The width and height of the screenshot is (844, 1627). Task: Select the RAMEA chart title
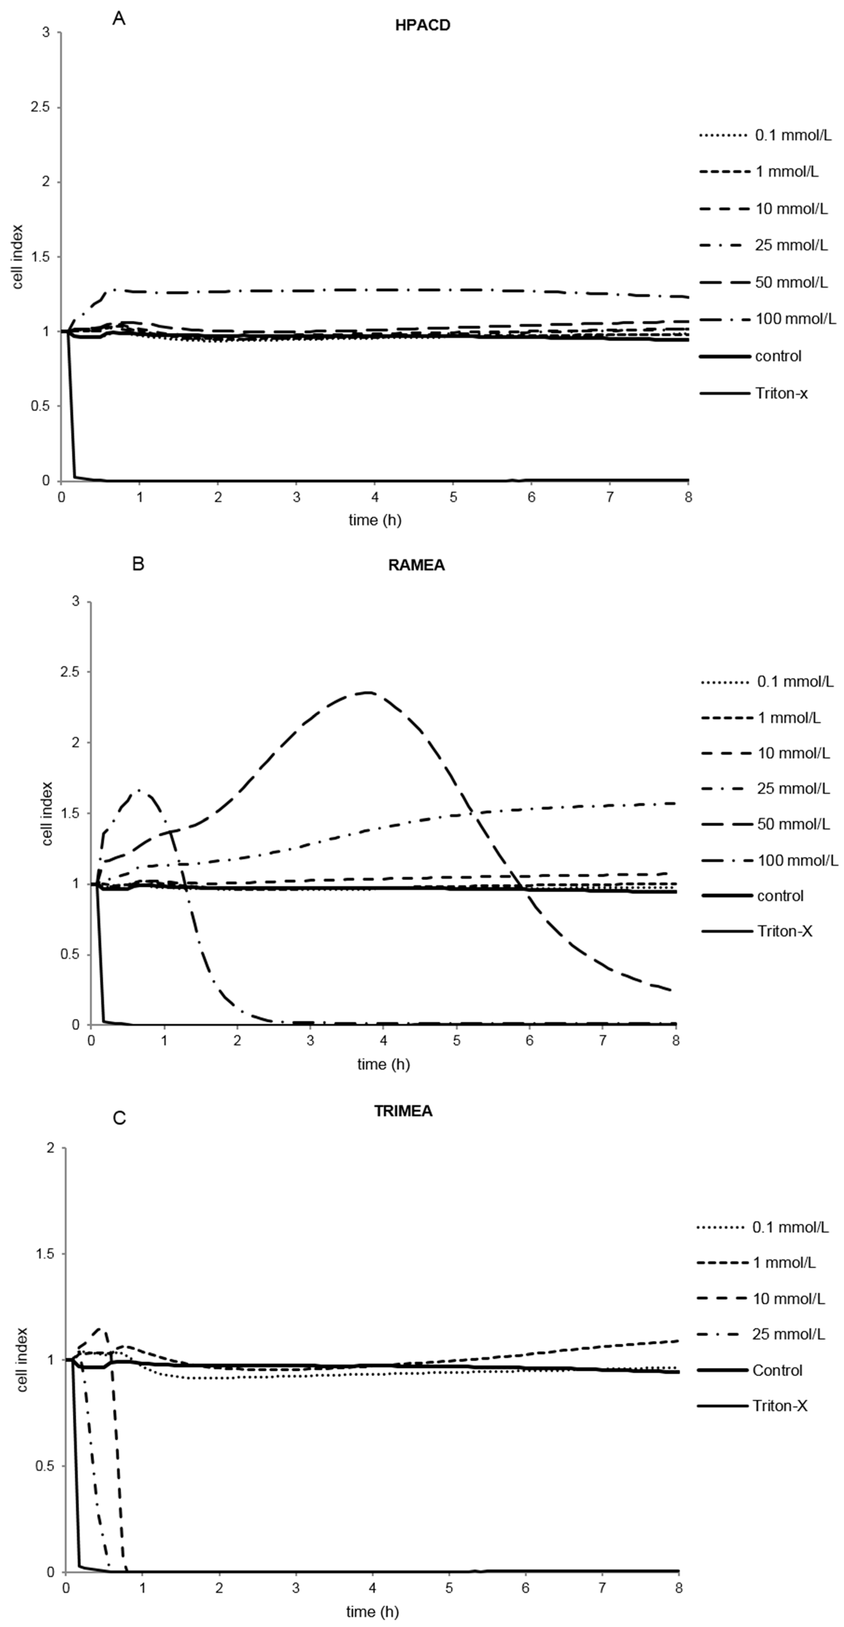(416, 565)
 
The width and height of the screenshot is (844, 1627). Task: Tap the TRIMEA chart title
(403, 1111)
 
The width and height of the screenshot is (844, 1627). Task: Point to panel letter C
(119, 1118)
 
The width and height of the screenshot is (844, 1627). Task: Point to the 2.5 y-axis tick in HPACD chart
(42, 107)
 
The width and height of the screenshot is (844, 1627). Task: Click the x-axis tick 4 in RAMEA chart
(383, 1041)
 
